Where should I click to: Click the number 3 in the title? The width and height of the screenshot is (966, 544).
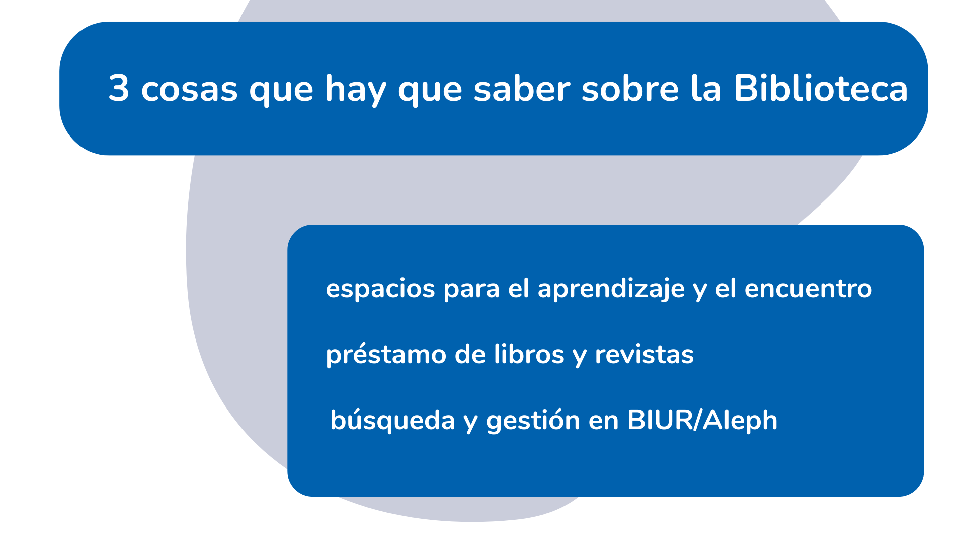click(x=119, y=89)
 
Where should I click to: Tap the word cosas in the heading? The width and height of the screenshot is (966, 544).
click(x=189, y=90)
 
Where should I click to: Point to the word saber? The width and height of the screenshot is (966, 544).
click(x=522, y=89)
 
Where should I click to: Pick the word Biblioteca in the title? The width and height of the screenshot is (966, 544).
click(x=821, y=89)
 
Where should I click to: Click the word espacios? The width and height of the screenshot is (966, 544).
click(x=380, y=289)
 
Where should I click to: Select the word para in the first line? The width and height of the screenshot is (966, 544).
click(x=471, y=289)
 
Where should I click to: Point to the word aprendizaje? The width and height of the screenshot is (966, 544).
click(x=611, y=289)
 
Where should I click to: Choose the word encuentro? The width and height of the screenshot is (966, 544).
click(x=808, y=289)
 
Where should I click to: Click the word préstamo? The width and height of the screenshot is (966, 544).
click(x=386, y=355)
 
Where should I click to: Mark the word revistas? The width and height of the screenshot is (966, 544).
click(x=645, y=355)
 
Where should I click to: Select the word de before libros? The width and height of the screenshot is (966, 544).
click(x=470, y=355)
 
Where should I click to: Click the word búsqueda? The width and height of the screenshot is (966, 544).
click(x=392, y=420)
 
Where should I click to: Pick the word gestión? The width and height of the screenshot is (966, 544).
click(x=533, y=420)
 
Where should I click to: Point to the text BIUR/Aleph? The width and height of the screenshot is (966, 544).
click(x=702, y=420)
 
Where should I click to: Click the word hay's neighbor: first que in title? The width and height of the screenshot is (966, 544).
click(x=281, y=90)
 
